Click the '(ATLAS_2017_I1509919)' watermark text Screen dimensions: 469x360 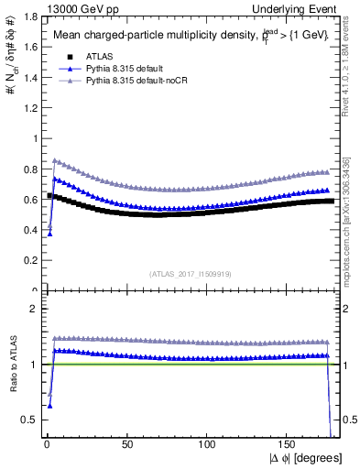(190, 273)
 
